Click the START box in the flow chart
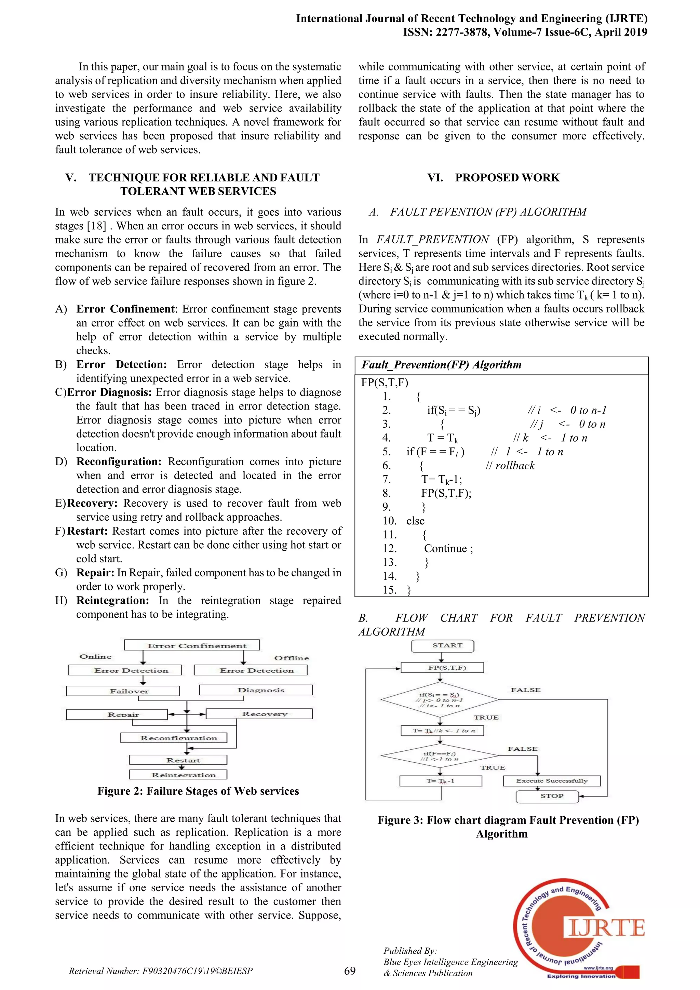tap(443, 645)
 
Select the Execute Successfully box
tap(551, 780)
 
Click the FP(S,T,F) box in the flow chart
tap(442, 668)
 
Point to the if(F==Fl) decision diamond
tap(440, 755)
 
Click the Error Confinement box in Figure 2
tap(192, 645)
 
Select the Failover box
tap(123, 691)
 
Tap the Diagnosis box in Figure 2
tap(256, 690)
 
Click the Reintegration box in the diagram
tap(178, 775)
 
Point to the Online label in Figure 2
tap(96, 656)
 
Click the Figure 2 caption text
tap(198, 791)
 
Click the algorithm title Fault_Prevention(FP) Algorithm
tap(441, 365)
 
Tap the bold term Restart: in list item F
tap(87, 531)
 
